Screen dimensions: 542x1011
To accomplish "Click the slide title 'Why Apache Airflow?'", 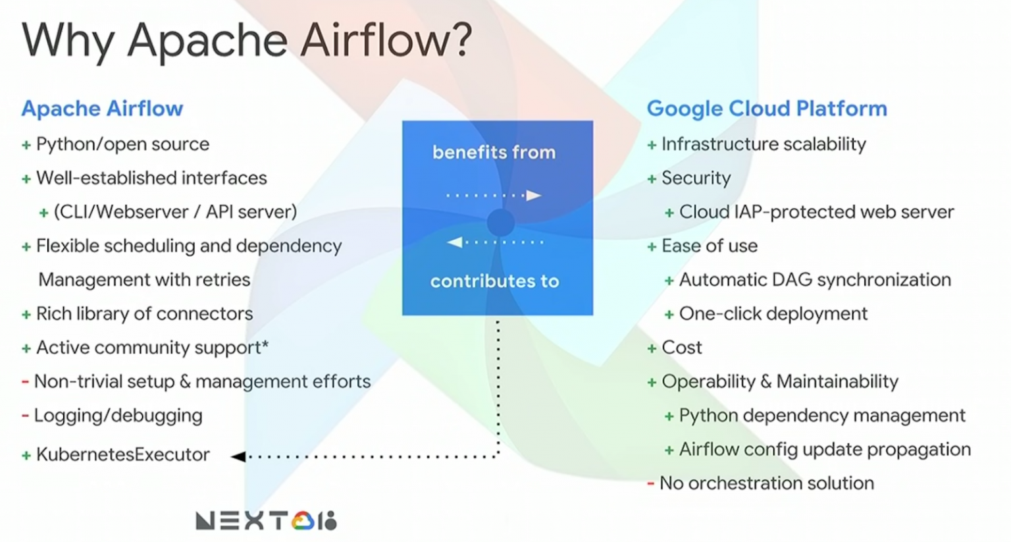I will [247, 41].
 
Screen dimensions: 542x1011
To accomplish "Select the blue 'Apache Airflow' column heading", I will [102, 109].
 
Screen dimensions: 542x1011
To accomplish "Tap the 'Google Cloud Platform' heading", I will [767, 109].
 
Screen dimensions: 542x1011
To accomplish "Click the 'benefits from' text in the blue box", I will [494, 152].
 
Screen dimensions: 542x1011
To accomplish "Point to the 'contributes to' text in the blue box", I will [494, 281].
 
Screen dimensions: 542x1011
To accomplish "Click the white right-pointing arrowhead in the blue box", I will [533, 195].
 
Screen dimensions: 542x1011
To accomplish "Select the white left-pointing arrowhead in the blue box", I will [455, 242].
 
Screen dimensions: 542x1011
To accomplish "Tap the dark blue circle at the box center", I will [500, 223].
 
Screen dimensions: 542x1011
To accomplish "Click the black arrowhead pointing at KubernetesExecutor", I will [238, 456].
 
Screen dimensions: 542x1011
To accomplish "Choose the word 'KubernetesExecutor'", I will [123, 454].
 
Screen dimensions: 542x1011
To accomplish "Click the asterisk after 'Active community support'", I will [265, 344].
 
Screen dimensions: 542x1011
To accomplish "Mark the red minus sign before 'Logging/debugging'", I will [25, 416].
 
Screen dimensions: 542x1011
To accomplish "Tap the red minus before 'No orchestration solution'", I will [650, 483].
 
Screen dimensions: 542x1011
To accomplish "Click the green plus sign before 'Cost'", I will [652, 348].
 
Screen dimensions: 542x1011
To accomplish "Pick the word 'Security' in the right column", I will [696, 178].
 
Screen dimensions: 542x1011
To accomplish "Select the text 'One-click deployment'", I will [773, 313].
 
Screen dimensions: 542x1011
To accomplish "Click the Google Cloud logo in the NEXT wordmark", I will [302, 521].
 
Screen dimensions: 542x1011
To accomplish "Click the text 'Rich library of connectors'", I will [144, 313].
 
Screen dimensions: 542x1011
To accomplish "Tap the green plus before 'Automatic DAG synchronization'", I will [669, 281].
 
